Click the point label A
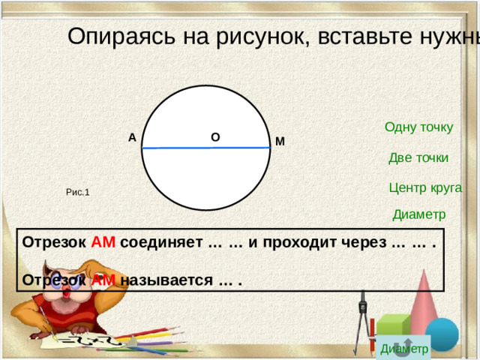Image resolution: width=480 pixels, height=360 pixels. pyautogui.click(x=132, y=138)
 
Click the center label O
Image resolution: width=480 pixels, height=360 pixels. pyautogui.click(x=215, y=138)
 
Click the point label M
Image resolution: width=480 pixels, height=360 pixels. pyautogui.click(x=280, y=142)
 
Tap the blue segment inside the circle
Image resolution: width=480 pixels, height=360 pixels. pyautogui.click(x=205, y=148)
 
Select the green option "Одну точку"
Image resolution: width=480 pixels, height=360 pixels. pyautogui.click(x=418, y=127)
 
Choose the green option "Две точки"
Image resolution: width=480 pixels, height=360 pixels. pyautogui.click(x=418, y=157)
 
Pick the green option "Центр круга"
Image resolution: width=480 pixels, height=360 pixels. pyautogui.click(x=425, y=187)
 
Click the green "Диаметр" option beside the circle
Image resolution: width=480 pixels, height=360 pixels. pyautogui.click(x=418, y=214)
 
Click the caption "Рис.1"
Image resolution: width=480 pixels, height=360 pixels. pyautogui.click(x=78, y=193)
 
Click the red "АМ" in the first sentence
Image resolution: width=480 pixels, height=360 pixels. pyautogui.click(x=103, y=243)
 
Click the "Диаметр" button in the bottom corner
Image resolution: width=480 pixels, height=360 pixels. pyautogui.click(x=404, y=349)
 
